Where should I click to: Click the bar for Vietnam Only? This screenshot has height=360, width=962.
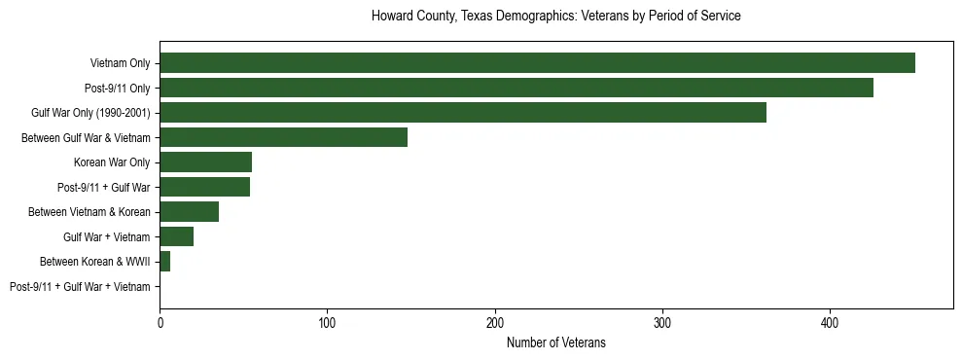(537, 63)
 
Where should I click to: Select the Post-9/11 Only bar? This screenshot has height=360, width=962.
(516, 88)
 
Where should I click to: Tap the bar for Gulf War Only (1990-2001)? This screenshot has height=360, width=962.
(462, 113)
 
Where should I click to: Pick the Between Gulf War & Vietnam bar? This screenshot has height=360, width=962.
(283, 137)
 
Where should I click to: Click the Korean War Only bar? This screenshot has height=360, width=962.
(205, 162)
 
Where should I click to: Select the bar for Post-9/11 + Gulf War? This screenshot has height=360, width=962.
(204, 187)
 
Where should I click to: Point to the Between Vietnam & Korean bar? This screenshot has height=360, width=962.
(189, 212)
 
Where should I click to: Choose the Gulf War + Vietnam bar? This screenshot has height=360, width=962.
(176, 236)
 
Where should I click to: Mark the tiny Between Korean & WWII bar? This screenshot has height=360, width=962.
(164, 262)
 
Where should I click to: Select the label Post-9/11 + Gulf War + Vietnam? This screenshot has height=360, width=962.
(80, 287)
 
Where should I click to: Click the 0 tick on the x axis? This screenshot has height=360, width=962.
(160, 321)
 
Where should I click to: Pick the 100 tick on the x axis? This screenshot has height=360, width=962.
(327, 321)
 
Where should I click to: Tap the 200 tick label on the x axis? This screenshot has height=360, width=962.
(495, 321)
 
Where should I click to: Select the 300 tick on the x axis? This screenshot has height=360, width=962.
(662, 321)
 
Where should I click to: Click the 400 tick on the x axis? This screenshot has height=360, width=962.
(830, 321)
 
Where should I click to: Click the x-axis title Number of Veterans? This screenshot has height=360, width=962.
(555, 342)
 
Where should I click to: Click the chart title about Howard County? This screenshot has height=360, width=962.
(555, 17)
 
